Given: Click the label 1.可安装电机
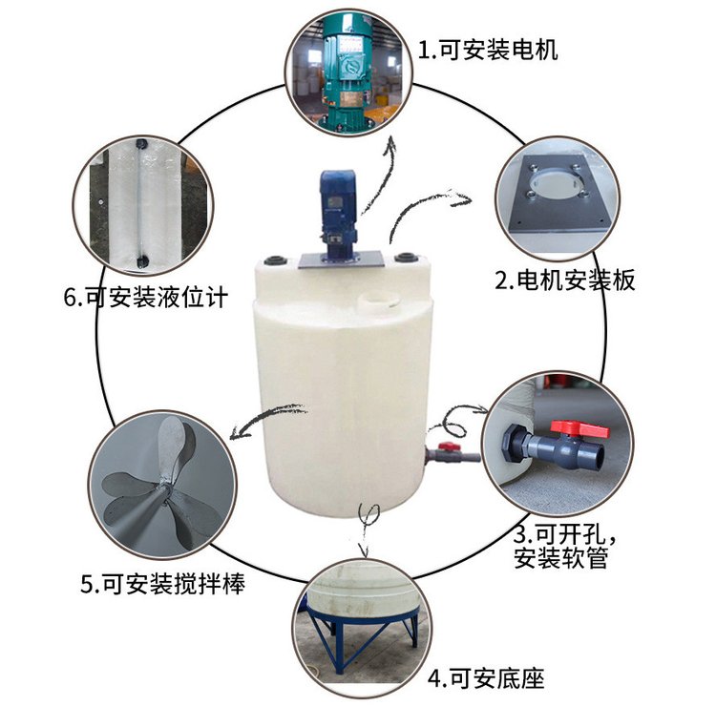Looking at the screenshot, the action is point(488,50).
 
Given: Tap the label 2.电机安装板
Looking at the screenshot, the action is point(565,280).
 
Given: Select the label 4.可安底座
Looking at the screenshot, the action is point(486,678).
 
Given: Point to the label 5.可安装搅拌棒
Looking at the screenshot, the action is point(163,584).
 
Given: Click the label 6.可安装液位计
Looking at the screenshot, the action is point(146,298).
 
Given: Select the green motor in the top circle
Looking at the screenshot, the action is point(347,73).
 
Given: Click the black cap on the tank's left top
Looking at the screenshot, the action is point(275,260).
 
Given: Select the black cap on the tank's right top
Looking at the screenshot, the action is point(406,257).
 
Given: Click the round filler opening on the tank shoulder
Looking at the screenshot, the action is point(376,301).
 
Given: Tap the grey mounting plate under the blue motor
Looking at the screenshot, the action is point(340,260).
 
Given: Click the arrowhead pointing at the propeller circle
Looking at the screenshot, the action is point(237,432).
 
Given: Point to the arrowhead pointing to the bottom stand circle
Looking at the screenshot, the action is point(364,550).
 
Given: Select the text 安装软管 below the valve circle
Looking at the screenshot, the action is point(560,557).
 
